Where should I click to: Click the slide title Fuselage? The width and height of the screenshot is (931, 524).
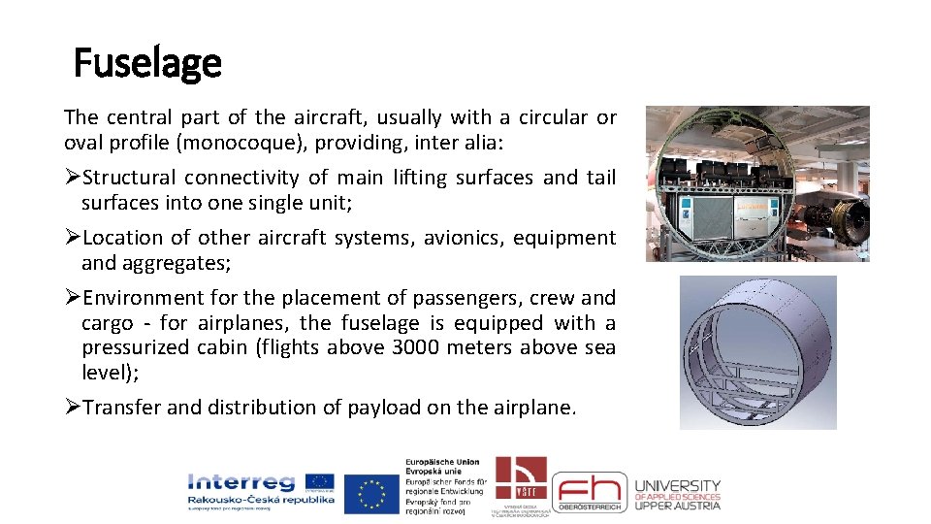(147, 64)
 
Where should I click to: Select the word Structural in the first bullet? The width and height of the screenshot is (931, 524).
(129, 178)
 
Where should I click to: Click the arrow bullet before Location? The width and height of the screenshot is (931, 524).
(72, 238)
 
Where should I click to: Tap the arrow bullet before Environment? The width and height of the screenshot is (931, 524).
(72, 298)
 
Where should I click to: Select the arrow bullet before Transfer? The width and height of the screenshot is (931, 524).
(72, 408)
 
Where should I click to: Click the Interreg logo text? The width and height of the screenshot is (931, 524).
(242, 482)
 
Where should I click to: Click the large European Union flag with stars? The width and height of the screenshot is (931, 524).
(371, 493)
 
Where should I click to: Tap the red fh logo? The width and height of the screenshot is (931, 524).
(590, 492)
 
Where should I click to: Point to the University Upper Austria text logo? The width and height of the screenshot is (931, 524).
(677, 494)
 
